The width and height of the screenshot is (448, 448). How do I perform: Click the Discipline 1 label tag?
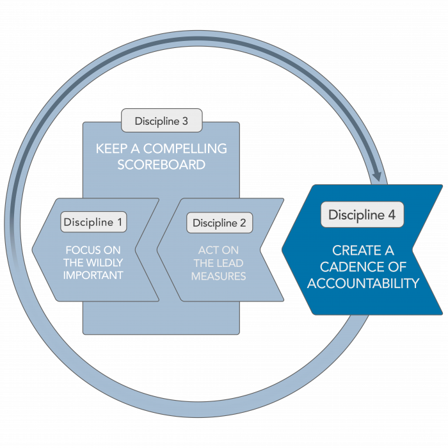93,222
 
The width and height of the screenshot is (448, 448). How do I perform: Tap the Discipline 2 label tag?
220,223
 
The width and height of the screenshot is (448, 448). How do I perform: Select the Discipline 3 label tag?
161,121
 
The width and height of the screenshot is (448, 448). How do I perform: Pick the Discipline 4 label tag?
362,215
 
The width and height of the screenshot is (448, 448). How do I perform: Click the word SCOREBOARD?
161,164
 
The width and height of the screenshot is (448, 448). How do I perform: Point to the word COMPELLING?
186,148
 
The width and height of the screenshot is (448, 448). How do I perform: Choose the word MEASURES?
219,276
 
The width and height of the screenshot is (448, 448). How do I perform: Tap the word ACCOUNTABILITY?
363,284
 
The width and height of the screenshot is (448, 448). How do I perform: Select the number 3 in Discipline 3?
184,121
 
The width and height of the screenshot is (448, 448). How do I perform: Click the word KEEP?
109,148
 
